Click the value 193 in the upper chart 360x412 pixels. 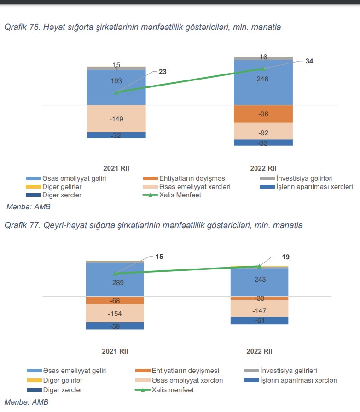(116, 81)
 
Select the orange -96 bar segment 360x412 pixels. (263, 114)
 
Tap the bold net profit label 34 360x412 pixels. (309, 61)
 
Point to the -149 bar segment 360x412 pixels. (116, 119)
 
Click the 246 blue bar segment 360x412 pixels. (263, 79)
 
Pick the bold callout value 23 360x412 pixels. (163, 71)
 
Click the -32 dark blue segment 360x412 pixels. (116, 136)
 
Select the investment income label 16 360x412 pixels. (263, 57)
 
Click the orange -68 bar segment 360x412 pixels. (115, 300)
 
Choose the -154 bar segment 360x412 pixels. (115, 313)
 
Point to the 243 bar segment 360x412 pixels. (259, 280)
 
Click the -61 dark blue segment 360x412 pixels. (259, 320)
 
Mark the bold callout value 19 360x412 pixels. (285, 257)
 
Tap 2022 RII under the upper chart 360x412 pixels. (263, 168)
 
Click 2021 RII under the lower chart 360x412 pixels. (115, 351)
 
